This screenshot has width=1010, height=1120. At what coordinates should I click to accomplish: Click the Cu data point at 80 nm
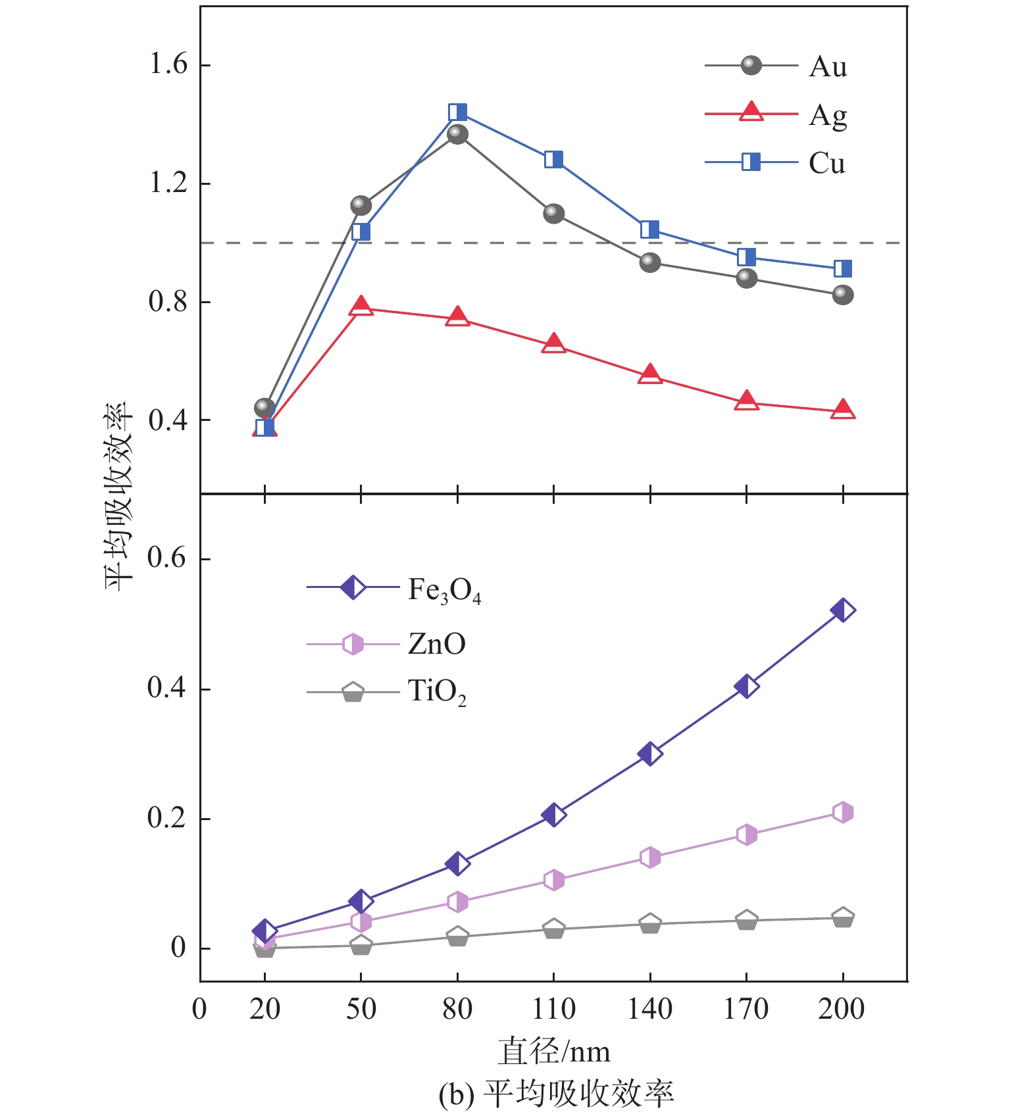(457, 112)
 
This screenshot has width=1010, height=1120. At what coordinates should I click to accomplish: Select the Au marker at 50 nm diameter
(361, 205)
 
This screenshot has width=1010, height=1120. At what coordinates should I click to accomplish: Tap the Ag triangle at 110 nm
(553, 343)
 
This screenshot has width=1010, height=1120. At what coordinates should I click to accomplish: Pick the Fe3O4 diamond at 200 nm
(843, 610)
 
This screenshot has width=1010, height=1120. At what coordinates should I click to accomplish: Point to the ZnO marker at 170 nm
(746, 835)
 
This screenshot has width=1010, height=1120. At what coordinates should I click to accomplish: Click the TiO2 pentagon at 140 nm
(650, 924)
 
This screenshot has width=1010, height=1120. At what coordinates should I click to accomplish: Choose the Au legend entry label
(828, 66)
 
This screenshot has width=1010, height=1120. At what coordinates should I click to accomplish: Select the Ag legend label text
(828, 116)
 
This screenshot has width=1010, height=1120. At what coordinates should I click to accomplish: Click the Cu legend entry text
(826, 163)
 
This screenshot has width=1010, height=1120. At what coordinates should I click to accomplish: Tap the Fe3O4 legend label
(444, 591)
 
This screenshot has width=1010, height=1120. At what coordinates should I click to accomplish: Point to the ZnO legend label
(436, 643)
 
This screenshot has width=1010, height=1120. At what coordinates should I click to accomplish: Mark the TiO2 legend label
(437, 692)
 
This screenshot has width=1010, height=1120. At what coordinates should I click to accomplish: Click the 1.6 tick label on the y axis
(168, 64)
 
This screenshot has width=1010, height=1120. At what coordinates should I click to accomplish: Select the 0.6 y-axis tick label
(166, 558)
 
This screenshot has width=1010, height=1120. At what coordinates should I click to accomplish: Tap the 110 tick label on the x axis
(553, 1008)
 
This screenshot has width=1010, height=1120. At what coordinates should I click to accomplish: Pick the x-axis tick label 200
(842, 1008)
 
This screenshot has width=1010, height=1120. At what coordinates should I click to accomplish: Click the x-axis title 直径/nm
(553, 1051)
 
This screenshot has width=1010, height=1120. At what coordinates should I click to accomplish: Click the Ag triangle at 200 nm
(843, 410)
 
